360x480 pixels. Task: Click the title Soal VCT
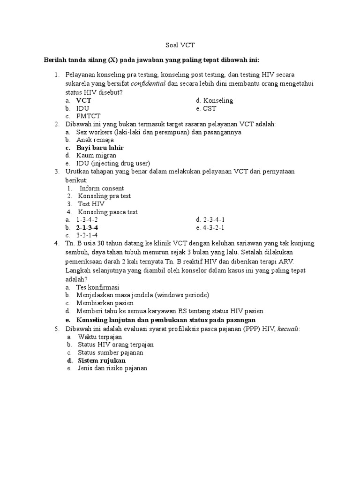click(x=180, y=45)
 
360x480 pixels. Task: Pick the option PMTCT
click(x=89, y=116)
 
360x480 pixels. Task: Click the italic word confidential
click(x=148, y=84)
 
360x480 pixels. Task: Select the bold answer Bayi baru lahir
click(x=100, y=148)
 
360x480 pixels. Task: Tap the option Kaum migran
click(x=97, y=156)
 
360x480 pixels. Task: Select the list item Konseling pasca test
click(x=108, y=212)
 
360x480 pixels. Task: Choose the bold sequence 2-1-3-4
click(x=87, y=228)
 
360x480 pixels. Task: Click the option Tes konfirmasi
click(x=98, y=287)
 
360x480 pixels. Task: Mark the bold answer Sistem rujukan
click(x=102, y=361)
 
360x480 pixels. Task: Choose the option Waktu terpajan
click(x=100, y=337)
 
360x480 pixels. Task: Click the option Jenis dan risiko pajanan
click(x=112, y=369)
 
